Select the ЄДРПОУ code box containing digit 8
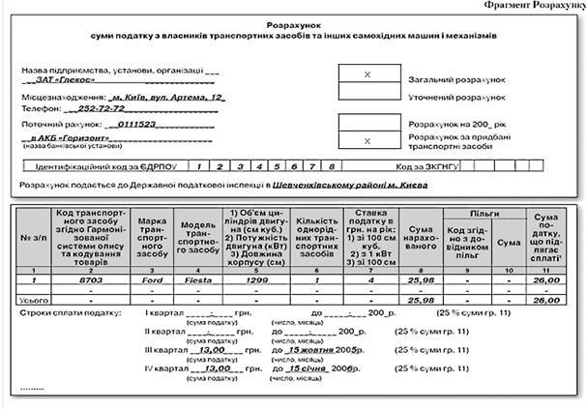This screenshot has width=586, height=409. pyautogui.click(x=332, y=167)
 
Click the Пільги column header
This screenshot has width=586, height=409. pyautogui.click(x=484, y=210)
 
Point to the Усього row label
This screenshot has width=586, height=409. pyautogui.click(x=33, y=301)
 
